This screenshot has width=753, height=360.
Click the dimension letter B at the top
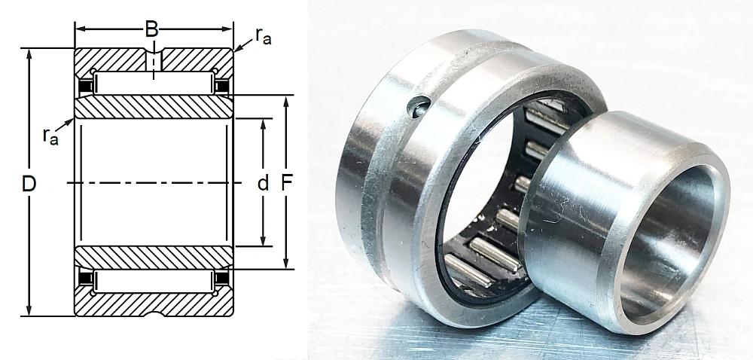(152, 29)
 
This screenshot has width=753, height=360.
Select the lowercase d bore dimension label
(263, 183)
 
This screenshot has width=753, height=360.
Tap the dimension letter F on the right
(286, 183)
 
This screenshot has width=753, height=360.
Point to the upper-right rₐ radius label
(263, 36)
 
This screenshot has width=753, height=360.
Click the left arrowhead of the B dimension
(79, 29)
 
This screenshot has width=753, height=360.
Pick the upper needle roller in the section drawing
(152, 84)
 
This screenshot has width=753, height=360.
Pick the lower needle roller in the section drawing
(152, 282)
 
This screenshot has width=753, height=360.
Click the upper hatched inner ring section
(152, 107)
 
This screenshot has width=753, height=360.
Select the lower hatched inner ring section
(152, 258)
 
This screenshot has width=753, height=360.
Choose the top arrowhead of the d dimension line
(263, 124)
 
